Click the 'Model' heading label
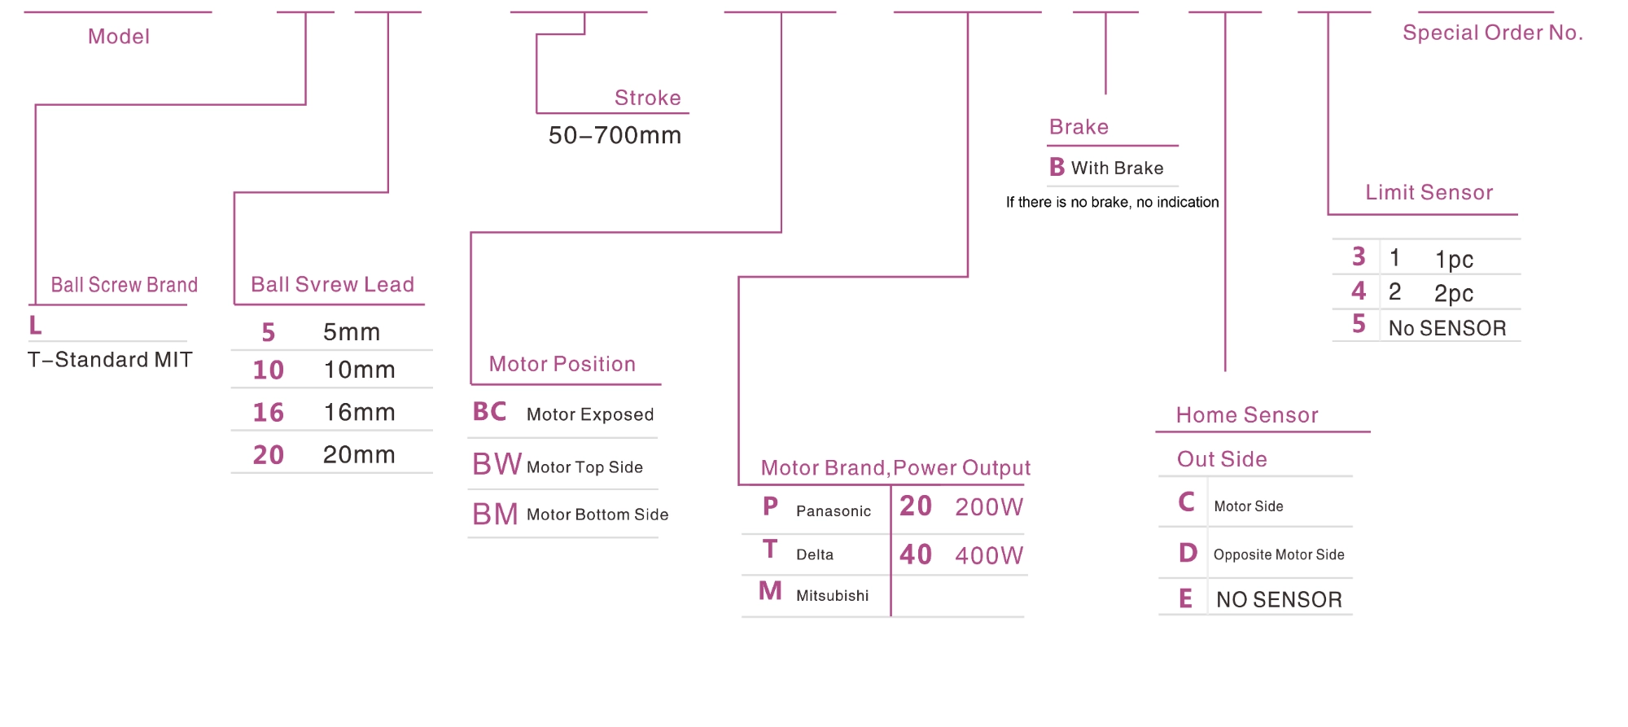[119, 37]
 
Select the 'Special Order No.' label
[1492, 33]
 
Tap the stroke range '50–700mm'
[615, 135]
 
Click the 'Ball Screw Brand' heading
[124, 285]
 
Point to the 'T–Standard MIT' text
[110, 360]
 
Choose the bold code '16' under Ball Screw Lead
[268, 413]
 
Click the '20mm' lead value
[359, 454]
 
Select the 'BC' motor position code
[489, 412]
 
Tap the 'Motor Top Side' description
[584, 467]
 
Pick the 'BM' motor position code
[495, 515]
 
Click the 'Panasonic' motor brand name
[833, 511]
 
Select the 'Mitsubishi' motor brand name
[832, 596]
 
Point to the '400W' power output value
[988, 556]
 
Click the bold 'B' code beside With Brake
[1057, 168]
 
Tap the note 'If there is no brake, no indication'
[1112, 202]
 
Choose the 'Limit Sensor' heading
[1429, 193]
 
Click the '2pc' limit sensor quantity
[1453, 293]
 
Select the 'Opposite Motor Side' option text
[1278, 555]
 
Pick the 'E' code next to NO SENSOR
[1185, 599]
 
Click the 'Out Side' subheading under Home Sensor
[1221, 459]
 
